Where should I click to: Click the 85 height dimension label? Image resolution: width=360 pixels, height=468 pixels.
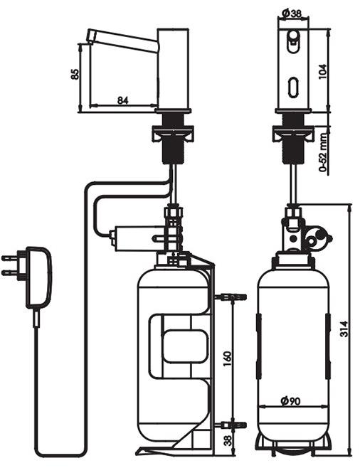[x=75, y=74]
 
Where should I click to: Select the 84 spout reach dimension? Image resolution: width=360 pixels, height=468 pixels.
[x=122, y=100]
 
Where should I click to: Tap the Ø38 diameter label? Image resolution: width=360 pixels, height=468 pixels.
[x=292, y=13]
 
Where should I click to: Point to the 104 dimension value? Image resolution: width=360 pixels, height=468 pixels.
[x=323, y=71]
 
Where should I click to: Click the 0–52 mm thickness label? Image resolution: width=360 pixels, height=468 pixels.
[x=323, y=152]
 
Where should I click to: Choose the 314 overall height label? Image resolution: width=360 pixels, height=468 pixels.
[x=344, y=329]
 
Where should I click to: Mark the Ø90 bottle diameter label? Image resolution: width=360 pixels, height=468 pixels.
[x=290, y=401]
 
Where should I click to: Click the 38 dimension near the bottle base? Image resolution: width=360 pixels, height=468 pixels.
[x=228, y=440]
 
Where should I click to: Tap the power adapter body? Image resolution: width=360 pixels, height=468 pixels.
[x=39, y=277]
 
